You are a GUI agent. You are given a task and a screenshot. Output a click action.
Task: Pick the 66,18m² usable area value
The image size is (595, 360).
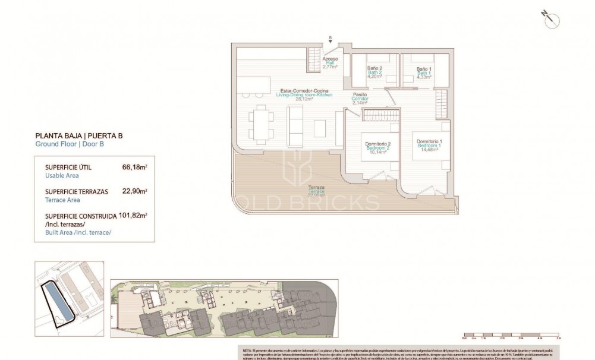point(134,168)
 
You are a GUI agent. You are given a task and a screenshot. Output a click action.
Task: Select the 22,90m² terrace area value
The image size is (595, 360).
point(134,192)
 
